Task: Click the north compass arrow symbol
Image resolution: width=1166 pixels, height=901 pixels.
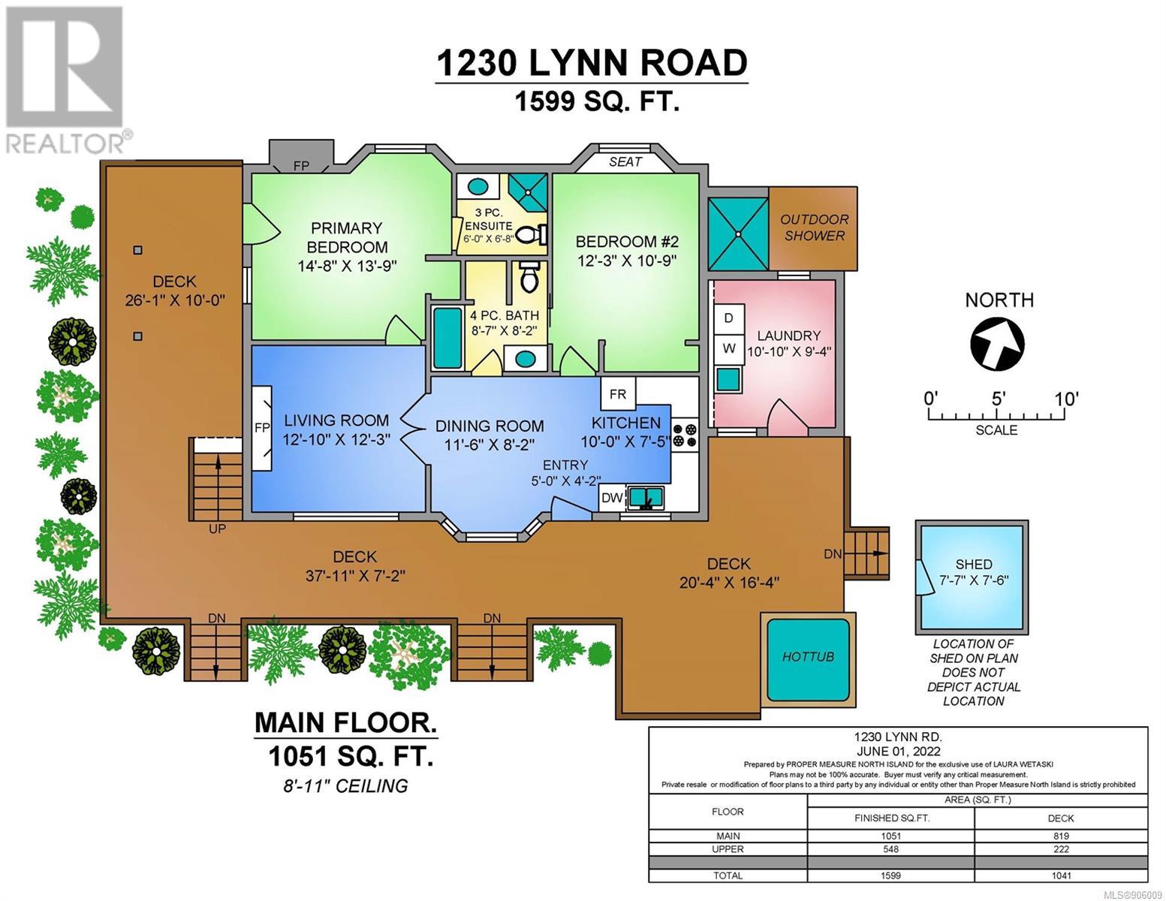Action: [x=998, y=343]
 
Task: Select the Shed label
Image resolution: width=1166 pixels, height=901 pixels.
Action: [x=974, y=564]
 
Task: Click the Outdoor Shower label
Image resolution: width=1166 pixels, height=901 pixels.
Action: [x=814, y=228]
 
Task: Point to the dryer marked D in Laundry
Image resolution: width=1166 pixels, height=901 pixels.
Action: [x=728, y=318]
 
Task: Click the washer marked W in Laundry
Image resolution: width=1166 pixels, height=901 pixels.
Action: [x=728, y=348]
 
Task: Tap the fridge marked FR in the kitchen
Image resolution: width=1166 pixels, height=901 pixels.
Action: [x=618, y=394]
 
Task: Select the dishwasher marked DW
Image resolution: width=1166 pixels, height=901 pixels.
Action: [x=612, y=498]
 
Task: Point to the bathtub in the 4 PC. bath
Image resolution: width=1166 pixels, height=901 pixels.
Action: [x=447, y=338]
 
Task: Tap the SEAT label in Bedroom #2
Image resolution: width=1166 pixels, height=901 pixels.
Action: [x=625, y=161]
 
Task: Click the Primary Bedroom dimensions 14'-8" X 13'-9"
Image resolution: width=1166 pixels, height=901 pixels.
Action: [x=347, y=266]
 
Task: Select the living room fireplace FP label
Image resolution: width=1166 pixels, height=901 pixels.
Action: [x=262, y=428]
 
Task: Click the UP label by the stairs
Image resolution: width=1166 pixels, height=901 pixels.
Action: [x=217, y=529]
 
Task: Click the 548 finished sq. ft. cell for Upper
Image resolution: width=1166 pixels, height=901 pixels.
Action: [x=890, y=849]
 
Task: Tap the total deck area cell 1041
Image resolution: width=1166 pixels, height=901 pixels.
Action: [x=1061, y=875]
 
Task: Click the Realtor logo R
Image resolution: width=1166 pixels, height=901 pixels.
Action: [x=65, y=67]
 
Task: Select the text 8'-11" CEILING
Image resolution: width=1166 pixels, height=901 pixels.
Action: [x=345, y=786]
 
